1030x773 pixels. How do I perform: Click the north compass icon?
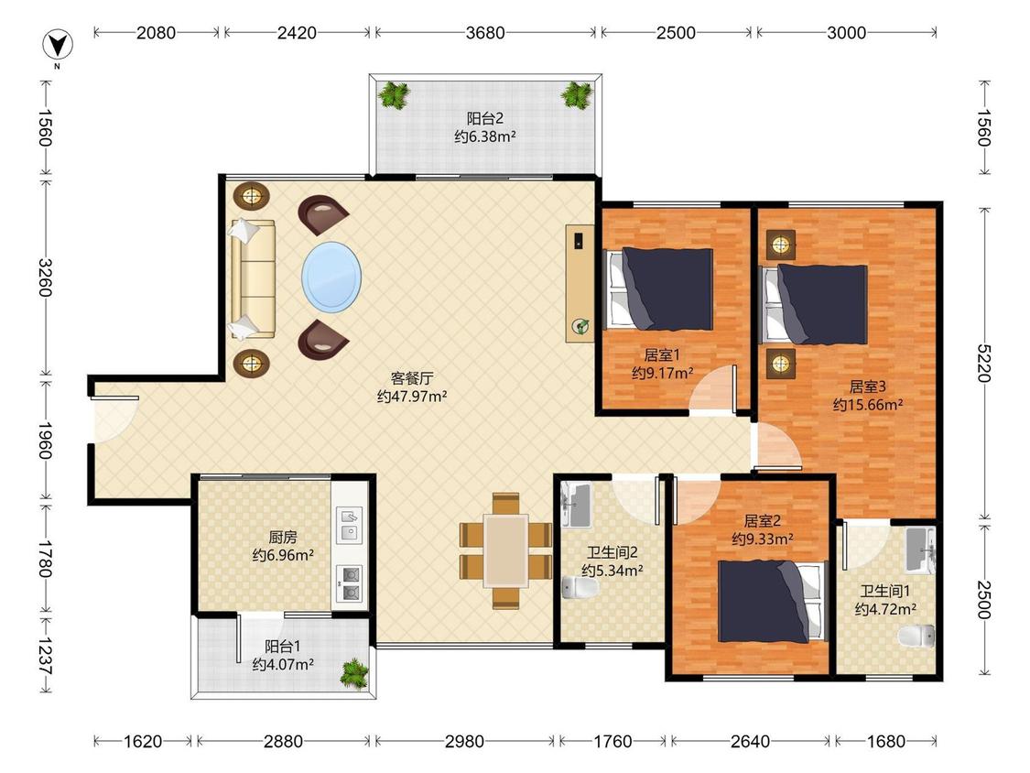[x=58, y=46]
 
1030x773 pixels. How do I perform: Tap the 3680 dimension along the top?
[x=485, y=32]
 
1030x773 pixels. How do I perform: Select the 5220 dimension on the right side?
[x=983, y=363]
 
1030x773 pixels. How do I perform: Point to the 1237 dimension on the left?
[x=46, y=655]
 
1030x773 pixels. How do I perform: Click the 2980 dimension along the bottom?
[x=464, y=742]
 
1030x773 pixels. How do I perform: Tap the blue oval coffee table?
[x=331, y=278]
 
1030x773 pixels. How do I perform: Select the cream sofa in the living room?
[x=252, y=279]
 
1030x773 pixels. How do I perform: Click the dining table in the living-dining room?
[x=505, y=550]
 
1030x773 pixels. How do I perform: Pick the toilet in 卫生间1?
[x=916, y=637]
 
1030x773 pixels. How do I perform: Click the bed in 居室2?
[x=773, y=601]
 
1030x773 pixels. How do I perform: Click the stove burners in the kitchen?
[x=350, y=583]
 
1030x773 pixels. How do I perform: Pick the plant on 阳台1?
[x=353, y=674]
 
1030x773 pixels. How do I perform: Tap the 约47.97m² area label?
[x=412, y=397]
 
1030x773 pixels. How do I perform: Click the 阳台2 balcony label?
[x=484, y=118]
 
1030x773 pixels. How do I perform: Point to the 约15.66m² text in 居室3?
[x=867, y=405]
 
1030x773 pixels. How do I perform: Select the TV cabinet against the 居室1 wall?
[x=580, y=283]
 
